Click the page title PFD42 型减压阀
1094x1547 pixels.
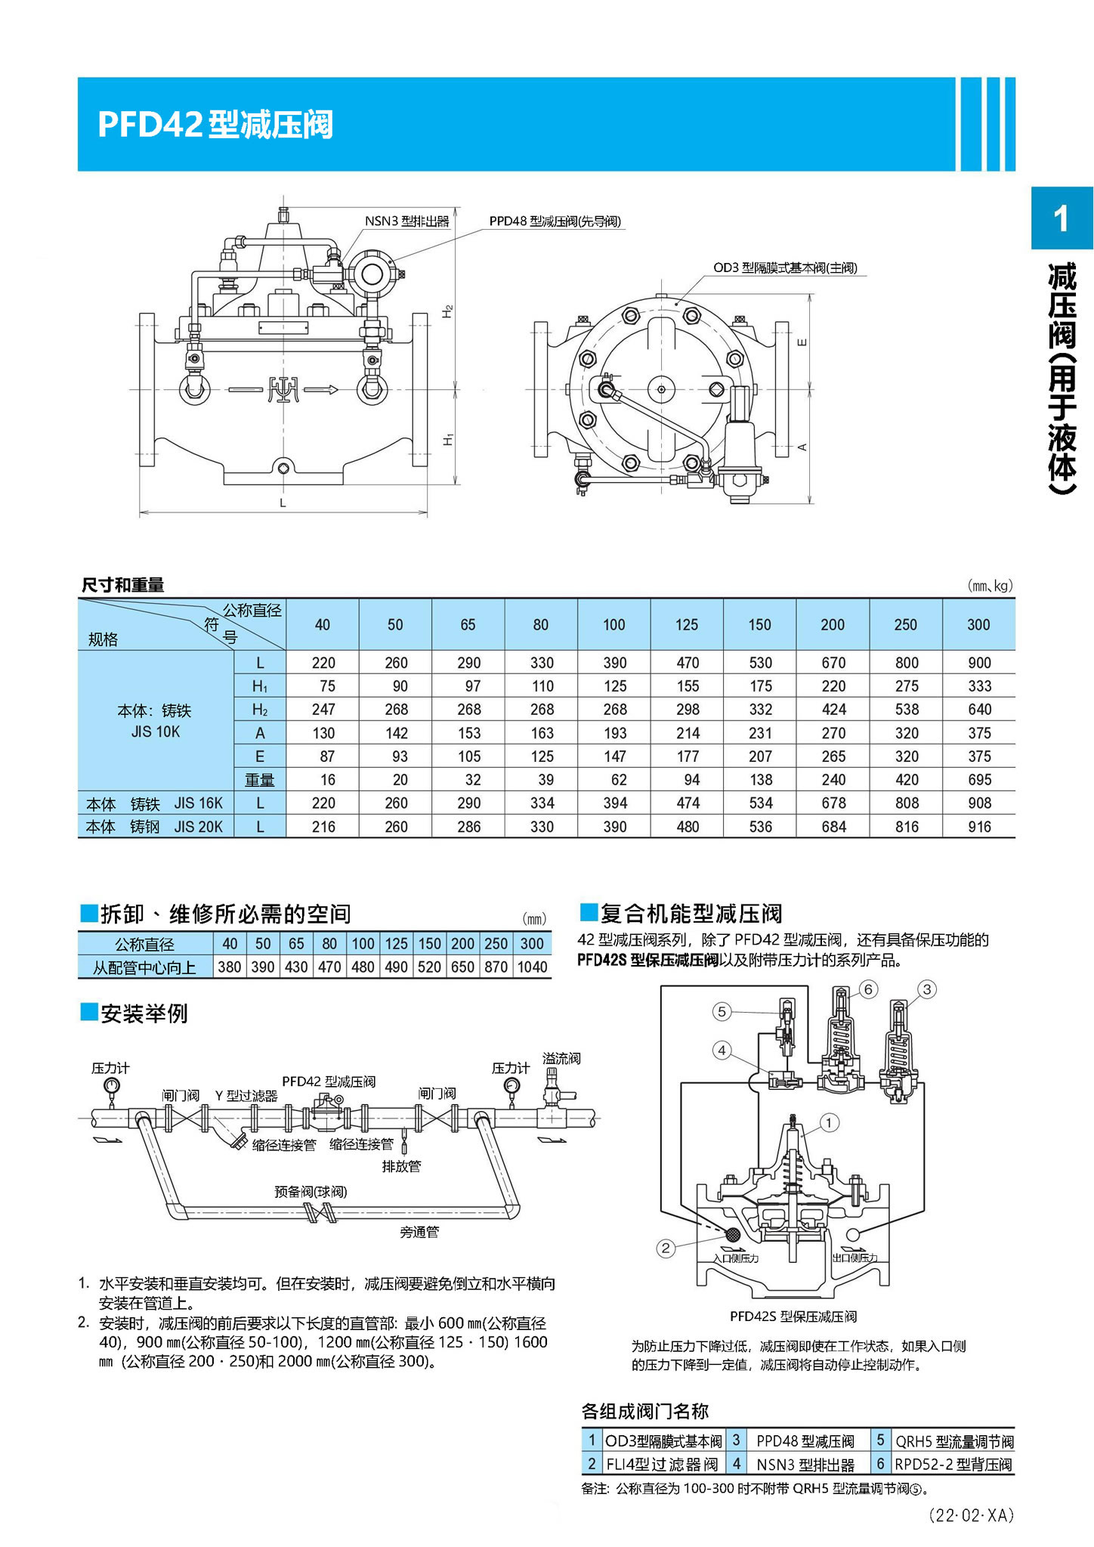click(215, 125)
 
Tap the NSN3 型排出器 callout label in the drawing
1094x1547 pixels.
click(406, 221)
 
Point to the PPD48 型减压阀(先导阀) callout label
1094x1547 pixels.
click(555, 221)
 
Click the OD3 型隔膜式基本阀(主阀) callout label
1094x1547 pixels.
click(785, 268)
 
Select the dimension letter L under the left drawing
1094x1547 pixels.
click(283, 503)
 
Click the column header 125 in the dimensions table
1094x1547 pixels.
click(686, 625)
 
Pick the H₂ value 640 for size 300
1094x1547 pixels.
click(979, 710)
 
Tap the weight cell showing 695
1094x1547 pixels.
click(979, 780)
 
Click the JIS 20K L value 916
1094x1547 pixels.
click(979, 827)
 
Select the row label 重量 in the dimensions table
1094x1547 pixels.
click(259, 780)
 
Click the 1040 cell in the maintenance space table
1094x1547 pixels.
click(532, 967)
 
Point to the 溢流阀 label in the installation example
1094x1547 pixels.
click(561, 1059)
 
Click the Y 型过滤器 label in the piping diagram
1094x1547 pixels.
click(246, 1096)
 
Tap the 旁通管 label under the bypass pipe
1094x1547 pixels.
click(419, 1233)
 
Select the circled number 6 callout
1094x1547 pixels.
click(868, 989)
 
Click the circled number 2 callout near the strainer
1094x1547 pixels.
click(665, 1248)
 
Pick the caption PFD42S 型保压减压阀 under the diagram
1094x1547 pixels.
click(793, 1316)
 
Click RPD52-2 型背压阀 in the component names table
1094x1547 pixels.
click(953, 1465)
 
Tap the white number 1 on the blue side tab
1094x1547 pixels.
click(1062, 218)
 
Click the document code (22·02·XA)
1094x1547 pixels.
click(971, 1515)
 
